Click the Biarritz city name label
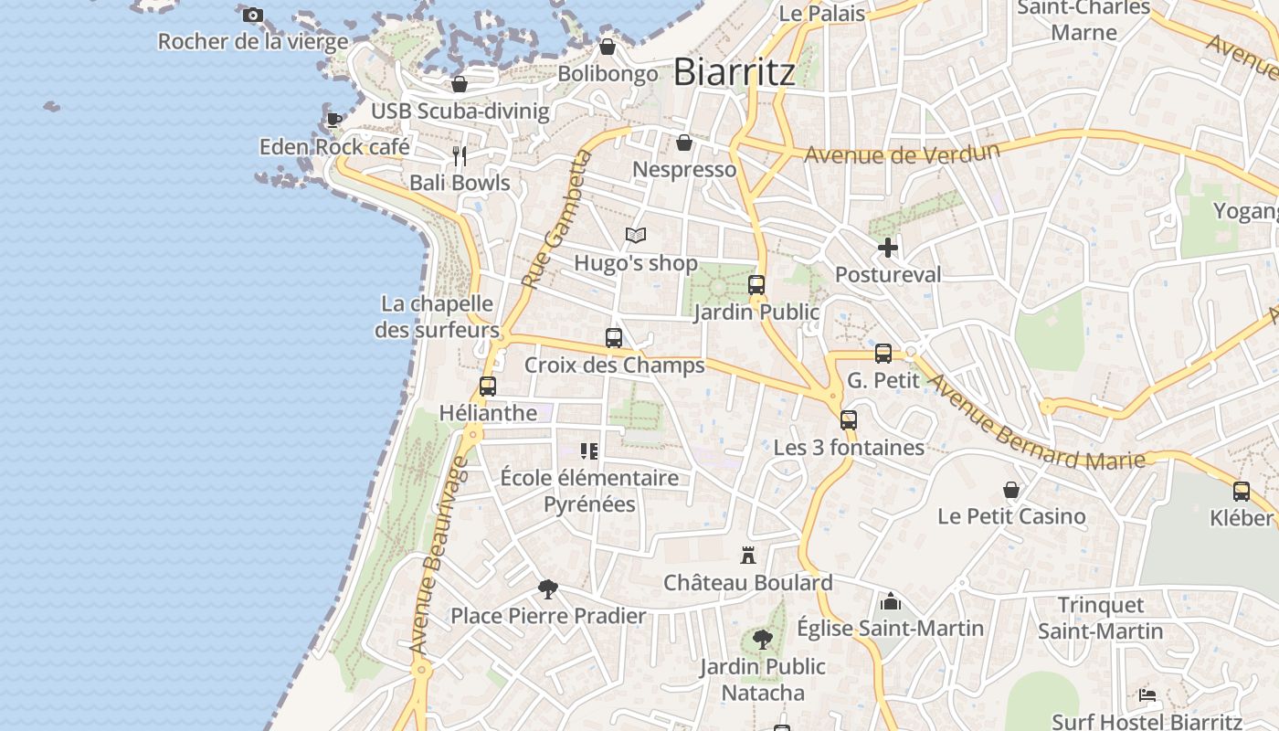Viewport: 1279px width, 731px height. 735,72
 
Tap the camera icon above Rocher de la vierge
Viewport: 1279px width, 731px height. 253,15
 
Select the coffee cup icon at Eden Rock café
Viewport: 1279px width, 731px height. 334,119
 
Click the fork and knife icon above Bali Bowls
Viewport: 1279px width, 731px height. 460,155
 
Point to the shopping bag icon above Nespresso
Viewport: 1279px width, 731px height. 683,143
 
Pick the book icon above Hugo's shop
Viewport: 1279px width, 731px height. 636,235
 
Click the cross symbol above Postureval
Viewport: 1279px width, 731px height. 887,247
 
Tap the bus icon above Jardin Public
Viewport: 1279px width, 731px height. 756,284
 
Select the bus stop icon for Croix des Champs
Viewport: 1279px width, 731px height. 614,337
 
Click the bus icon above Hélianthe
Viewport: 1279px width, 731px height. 488,386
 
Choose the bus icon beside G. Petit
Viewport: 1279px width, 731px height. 883,353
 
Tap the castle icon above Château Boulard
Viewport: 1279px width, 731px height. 748,555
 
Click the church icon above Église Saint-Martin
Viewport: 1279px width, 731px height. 891,601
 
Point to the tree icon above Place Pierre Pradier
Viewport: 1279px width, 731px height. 548,588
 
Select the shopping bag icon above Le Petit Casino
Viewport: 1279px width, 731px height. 1011,490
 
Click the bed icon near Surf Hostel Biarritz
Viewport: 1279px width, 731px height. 1148,694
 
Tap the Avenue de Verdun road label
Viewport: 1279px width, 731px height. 901,154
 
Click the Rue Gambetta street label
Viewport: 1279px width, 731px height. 556,220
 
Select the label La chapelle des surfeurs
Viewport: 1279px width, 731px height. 437,316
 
